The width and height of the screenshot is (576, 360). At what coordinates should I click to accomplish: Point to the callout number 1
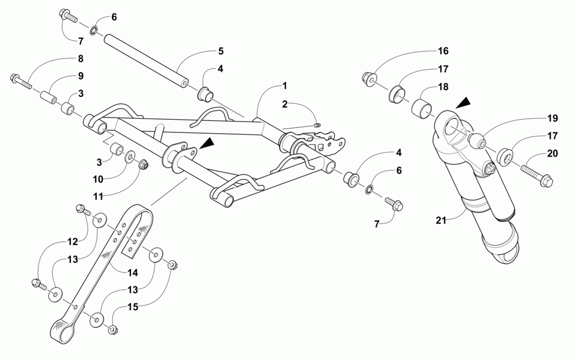(285, 86)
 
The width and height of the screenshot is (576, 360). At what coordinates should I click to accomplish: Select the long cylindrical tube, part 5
(146, 61)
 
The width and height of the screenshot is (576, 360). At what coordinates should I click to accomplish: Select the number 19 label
(552, 119)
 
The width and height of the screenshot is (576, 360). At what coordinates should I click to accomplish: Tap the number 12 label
(72, 241)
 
